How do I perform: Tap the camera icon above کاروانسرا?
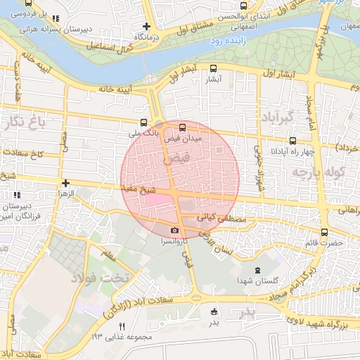click(174, 230)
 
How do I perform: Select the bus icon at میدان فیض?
click(183, 128)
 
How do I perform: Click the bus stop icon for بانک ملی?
click(144, 121)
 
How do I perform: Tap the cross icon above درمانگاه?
click(146, 26)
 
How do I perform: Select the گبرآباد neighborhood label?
click(275, 116)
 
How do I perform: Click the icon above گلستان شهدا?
click(256, 271)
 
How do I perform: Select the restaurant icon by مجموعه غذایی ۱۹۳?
click(122, 326)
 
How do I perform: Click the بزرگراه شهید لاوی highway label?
click(321, 321)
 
